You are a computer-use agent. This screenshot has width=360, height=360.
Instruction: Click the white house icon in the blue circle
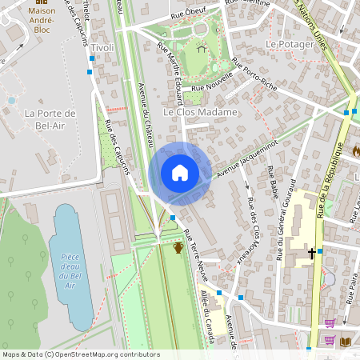point(180,173)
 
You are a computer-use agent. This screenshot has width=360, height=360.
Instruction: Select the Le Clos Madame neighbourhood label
point(200,113)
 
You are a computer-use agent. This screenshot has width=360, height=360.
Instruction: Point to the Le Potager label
point(290,44)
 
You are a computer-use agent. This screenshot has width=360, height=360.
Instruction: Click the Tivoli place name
point(102,49)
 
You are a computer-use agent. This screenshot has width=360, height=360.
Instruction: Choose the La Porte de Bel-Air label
point(50,118)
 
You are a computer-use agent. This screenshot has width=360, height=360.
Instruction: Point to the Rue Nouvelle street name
point(213,82)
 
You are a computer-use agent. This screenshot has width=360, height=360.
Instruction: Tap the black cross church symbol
point(312,254)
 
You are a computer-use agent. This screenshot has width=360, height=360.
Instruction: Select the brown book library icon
point(346,341)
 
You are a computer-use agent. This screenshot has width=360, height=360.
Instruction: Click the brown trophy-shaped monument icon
point(178,247)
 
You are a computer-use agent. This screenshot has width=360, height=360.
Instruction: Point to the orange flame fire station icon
point(355,150)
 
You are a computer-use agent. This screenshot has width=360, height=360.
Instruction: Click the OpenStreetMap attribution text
point(81,354)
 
